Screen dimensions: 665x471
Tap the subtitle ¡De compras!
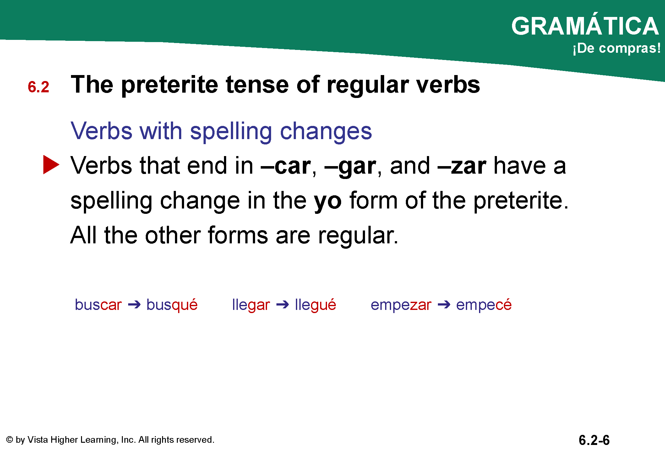[x=617, y=48]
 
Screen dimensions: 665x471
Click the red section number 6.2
[x=38, y=87]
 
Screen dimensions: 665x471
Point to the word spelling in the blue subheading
[x=231, y=132]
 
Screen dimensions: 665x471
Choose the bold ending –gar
[x=350, y=167]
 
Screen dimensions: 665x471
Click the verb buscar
[x=98, y=305]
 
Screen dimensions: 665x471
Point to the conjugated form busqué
[x=172, y=305]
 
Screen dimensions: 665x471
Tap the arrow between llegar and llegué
[x=282, y=305]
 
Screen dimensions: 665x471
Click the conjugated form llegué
[x=315, y=305]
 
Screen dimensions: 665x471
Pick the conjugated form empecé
[x=484, y=305]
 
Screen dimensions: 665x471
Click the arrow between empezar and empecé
[x=444, y=305]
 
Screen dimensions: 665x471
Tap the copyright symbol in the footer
[x=9, y=440]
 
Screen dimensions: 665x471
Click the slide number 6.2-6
[x=594, y=440]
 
